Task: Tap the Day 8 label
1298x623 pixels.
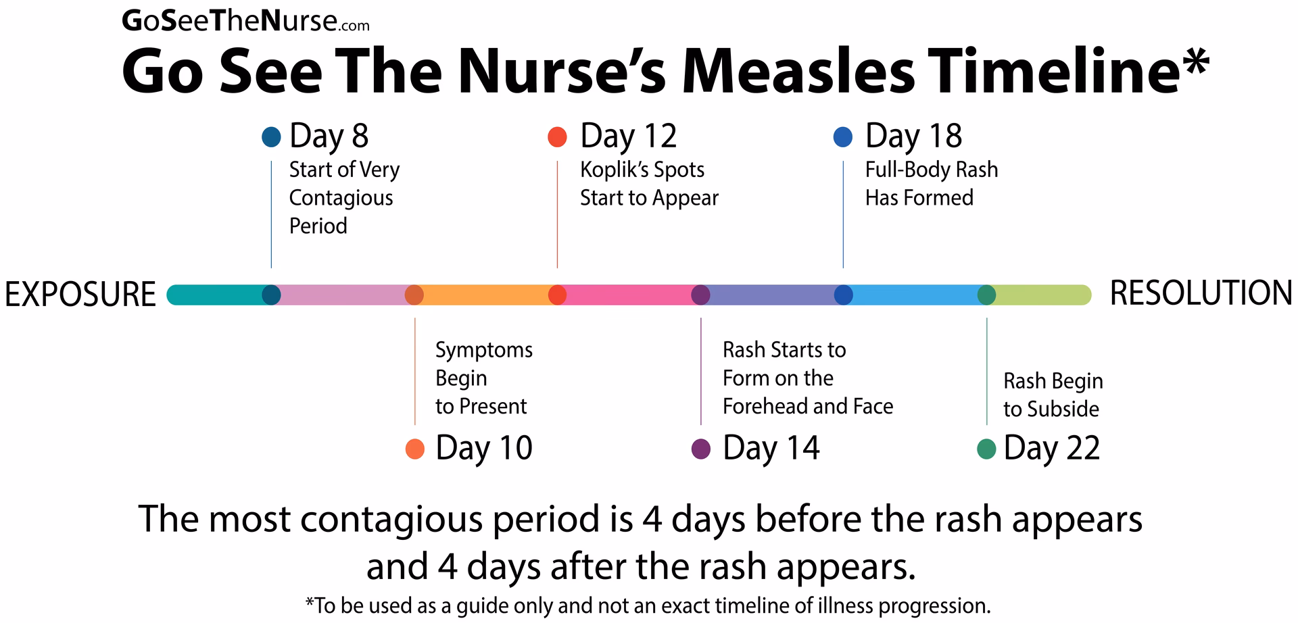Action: point(329,136)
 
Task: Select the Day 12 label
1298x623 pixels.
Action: point(628,136)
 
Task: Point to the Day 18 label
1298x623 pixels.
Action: point(913,136)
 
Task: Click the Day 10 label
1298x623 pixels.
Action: point(484,448)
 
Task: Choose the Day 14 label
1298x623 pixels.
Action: point(771,448)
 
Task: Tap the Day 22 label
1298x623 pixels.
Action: point(1051,448)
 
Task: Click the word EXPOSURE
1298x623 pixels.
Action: point(80,295)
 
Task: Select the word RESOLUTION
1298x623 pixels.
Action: point(1201,294)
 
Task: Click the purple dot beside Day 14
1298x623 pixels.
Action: point(701,449)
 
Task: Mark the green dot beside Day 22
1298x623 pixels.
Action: point(987,449)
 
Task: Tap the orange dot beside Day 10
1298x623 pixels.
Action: point(414,449)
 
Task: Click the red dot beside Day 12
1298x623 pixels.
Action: point(557,137)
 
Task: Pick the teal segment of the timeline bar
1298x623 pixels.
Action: point(216,295)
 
